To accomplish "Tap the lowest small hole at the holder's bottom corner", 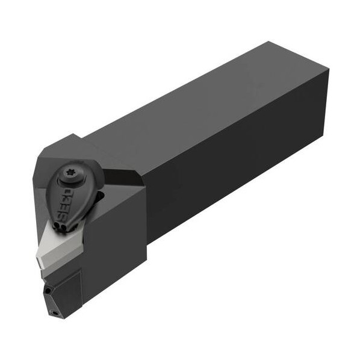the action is pos(54,312).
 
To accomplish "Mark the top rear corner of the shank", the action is pos(268,42).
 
